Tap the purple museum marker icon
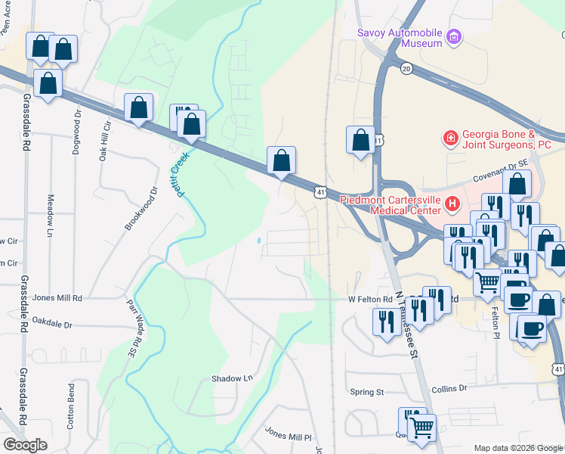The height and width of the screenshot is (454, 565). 454,37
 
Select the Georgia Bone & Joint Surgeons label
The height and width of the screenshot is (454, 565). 507,138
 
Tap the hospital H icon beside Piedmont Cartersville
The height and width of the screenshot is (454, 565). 452,203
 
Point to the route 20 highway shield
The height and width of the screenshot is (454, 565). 406,69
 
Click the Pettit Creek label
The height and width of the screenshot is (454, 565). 183,172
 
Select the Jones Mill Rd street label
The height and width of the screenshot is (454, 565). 57,298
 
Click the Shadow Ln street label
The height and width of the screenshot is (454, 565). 231,378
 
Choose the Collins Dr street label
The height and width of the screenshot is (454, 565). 449,388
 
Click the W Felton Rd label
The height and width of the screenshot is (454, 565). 370,299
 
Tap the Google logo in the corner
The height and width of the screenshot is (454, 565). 25,445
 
